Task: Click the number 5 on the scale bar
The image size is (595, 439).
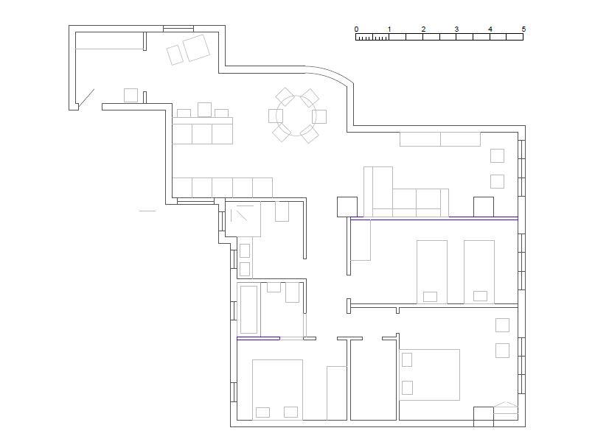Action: pos(523,29)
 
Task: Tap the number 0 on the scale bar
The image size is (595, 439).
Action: pos(356,29)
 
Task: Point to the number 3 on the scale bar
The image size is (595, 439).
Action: pos(456,29)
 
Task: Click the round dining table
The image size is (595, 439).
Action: pos(296,116)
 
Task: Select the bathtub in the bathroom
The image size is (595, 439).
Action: pos(249,309)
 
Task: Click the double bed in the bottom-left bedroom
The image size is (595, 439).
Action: pos(277,390)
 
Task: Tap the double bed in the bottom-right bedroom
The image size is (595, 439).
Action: pos(430,375)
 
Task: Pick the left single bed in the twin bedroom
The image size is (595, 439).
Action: pos(432,272)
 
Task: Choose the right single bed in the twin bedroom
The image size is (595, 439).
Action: pos(479,272)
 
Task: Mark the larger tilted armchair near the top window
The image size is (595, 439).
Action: pos(196,48)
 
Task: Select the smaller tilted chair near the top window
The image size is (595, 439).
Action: pos(175,55)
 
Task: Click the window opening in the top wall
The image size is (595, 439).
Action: pos(178,29)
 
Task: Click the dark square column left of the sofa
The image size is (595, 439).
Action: pos(347,207)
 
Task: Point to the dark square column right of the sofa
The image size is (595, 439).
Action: pos(484,207)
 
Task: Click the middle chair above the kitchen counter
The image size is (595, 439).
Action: pos(204,110)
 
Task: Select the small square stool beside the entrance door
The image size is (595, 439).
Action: pos(131,95)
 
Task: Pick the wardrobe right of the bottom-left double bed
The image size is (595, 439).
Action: pos(337,393)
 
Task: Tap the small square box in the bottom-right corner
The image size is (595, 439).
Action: pos(484,417)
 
